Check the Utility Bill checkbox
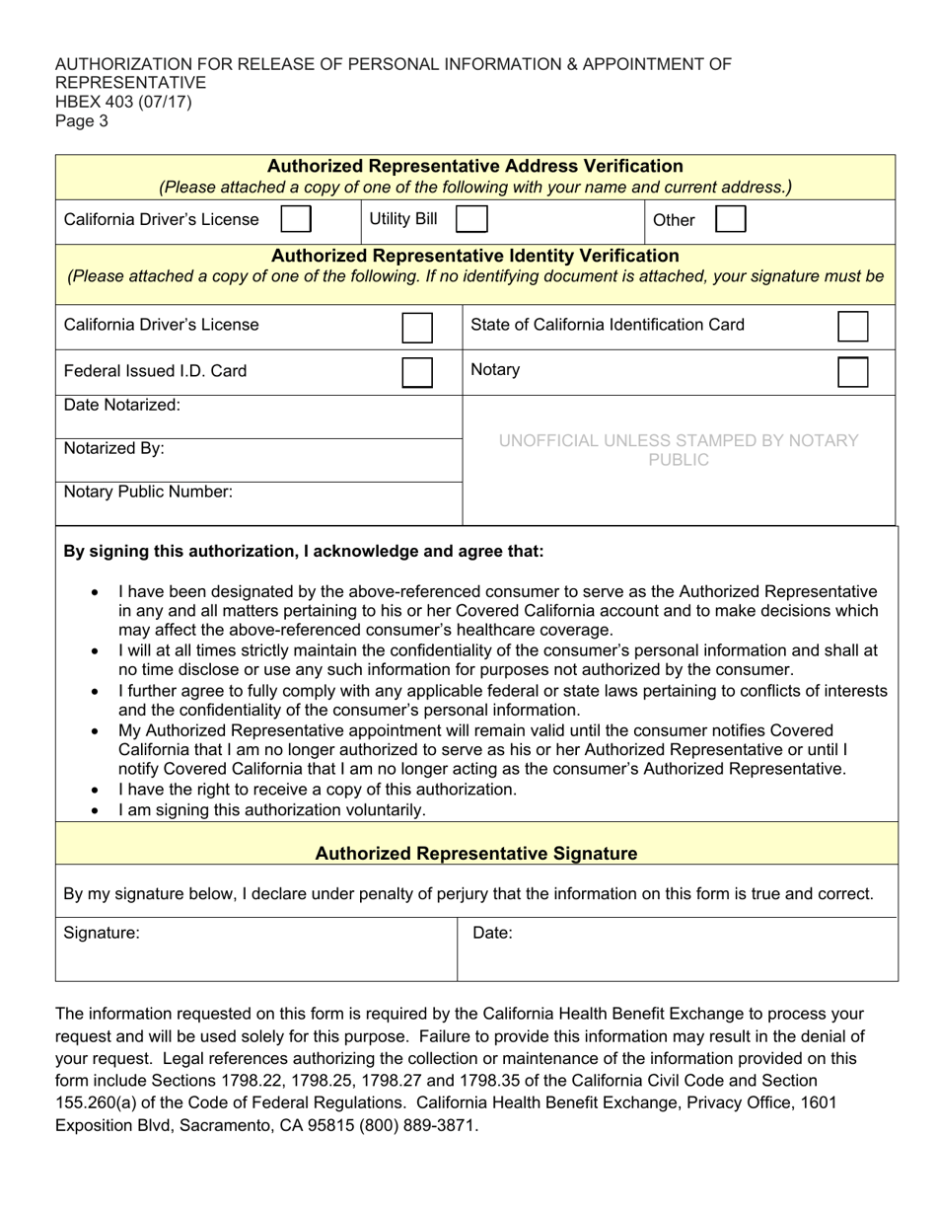[470, 219]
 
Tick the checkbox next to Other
[730, 219]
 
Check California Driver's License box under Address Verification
[296, 219]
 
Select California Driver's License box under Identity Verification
[417, 327]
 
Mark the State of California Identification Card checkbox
[852, 327]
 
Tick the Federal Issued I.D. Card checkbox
[417, 372]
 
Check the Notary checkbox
[852, 372]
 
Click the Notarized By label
[114, 448]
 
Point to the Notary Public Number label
[148, 492]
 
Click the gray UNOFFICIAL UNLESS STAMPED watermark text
[679, 450]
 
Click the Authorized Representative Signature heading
[475, 853]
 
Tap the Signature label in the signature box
[102, 933]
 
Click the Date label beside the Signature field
[492, 933]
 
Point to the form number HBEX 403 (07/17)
[123, 102]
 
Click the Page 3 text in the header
[82, 121]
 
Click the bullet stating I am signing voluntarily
[272, 810]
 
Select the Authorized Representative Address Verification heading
[475, 166]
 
